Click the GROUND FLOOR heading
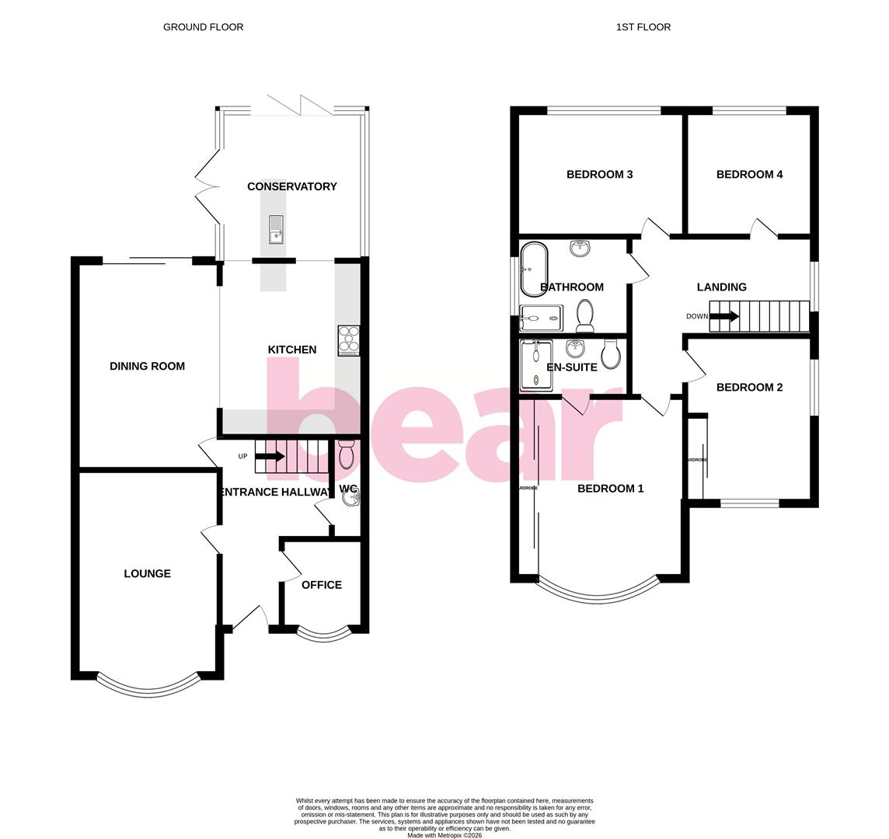pyautogui.click(x=203, y=27)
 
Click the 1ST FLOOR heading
pyautogui.click(x=643, y=27)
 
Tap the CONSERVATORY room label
pyautogui.click(x=291, y=186)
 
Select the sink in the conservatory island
pyautogui.click(x=276, y=229)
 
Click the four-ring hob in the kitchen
pyautogui.click(x=349, y=340)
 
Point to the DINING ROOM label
pyautogui.click(x=147, y=366)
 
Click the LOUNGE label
pyautogui.click(x=147, y=573)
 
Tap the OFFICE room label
pyautogui.click(x=321, y=585)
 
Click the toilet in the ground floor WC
pyautogui.click(x=347, y=454)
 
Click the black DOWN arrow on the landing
pyautogui.click(x=724, y=316)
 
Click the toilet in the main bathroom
pyautogui.click(x=585, y=315)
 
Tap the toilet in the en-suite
pyautogui.click(x=611, y=355)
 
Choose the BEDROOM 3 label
pyautogui.click(x=599, y=175)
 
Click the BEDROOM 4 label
pyautogui.click(x=749, y=175)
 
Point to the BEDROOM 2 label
pyautogui.click(x=749, y=388)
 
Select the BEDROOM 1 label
pyautogui.click(x=610, y=489)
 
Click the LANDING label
pyautogui.click(x=721, y=287)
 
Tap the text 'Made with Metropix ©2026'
pyautogui.click(x=444, y=835)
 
